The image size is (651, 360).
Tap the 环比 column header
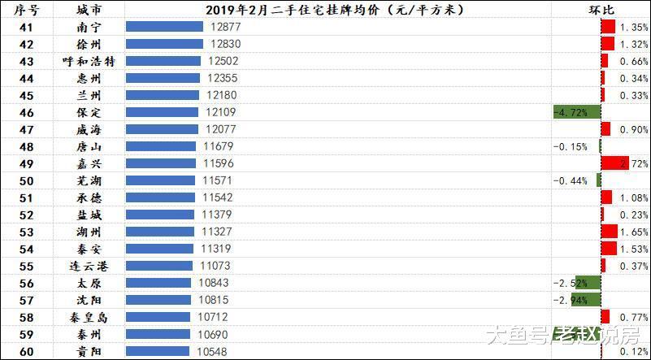[x=601, y=9]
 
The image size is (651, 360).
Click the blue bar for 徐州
[x=164, y=44]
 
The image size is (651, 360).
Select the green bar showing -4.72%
[x=576, y=112]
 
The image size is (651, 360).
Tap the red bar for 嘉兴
[x=614, y=163]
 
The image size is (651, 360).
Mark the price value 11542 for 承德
[x=218, y=197]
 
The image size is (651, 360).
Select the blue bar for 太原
[x=158, y=283]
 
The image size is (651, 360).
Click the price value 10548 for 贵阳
[x=213, y=351]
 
